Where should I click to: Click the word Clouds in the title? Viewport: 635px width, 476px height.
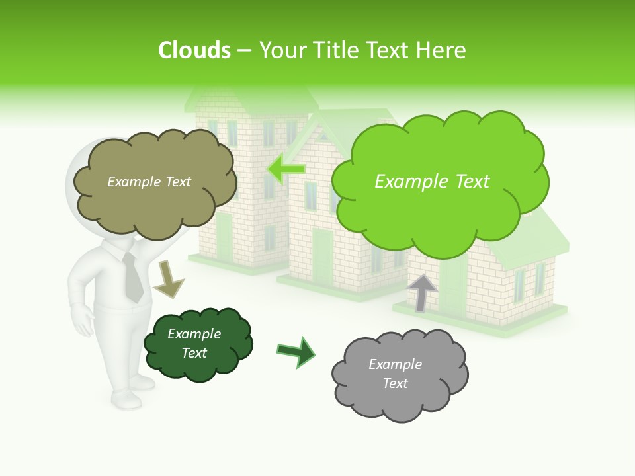tap(194, 50)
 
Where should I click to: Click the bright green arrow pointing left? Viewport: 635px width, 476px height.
tap(286, 169)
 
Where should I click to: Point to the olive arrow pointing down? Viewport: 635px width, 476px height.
tap(168, 280)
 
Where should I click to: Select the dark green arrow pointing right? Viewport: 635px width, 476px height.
tap(297, 351)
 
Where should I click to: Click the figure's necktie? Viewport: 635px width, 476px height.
tap(133, 278)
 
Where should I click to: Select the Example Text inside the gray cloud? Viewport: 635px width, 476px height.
tap(395, 374)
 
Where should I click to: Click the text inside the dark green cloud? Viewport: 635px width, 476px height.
tap(194, 343)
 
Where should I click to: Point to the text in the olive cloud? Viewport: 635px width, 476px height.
tap(149, 182)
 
